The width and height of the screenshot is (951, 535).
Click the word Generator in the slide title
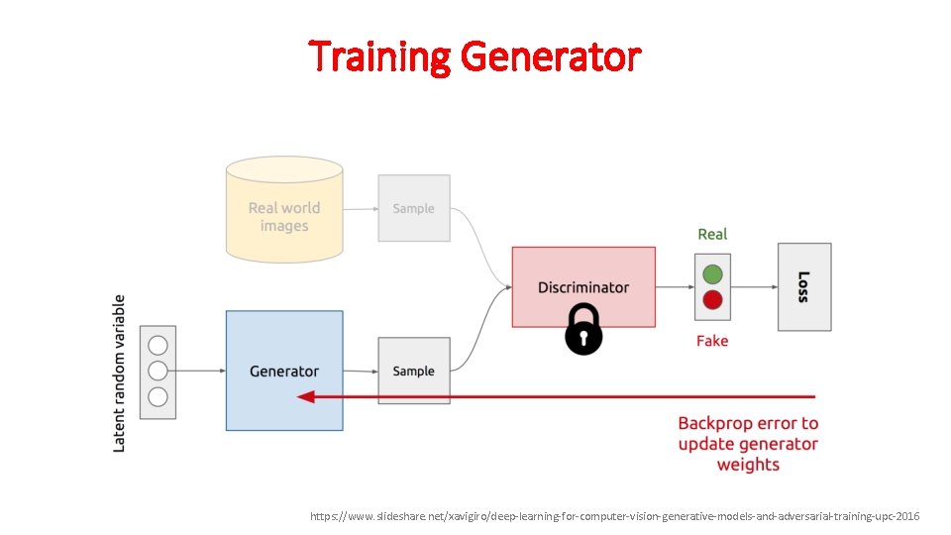[551, 56]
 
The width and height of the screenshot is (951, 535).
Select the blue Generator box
[284, 371]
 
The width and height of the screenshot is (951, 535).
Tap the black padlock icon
[583, 330]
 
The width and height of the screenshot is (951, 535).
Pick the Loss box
[803, 286]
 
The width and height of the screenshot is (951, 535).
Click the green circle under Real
[712, 274]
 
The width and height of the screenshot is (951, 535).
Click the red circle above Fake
[712, 300]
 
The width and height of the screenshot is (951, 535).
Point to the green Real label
[712, 234]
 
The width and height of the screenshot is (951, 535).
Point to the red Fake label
[712, 341]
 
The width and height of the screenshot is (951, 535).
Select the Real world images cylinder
[284, 213]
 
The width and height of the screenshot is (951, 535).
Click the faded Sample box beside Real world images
[414, 208]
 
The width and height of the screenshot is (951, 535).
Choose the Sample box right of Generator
[414, 371]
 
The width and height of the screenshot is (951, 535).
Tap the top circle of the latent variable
[158, 346]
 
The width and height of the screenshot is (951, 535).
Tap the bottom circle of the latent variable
[158, 396]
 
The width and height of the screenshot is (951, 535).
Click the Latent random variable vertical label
[120, 373]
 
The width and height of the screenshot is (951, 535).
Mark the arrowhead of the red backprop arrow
[306, 396]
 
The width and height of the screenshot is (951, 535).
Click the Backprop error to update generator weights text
[748, 444]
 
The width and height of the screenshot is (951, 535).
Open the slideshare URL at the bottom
[614, 516]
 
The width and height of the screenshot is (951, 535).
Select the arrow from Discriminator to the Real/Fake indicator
[675, 287]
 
